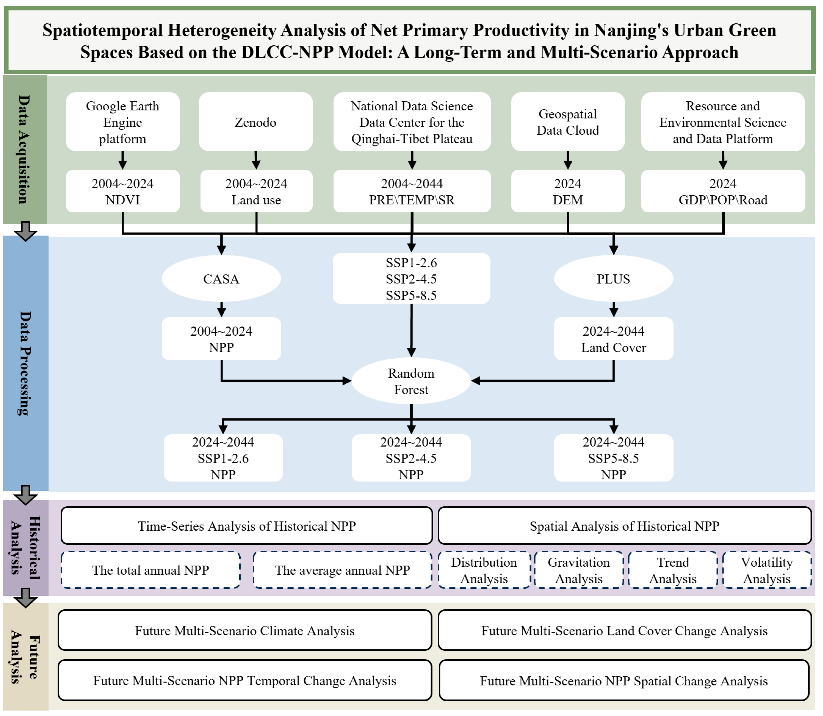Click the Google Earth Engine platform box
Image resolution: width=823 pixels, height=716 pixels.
[x=123, y=122]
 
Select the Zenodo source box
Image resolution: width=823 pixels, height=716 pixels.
[x=256, y=122]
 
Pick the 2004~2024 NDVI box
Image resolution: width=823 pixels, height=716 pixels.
[x=123, y=191]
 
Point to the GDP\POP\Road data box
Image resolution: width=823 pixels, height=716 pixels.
[x=723, y=191]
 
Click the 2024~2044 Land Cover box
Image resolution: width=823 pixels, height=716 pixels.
[x=613, y=339]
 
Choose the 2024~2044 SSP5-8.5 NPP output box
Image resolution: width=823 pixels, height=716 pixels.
[x=613, y=458]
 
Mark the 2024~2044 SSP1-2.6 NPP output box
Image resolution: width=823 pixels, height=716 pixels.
[x=223, y=458]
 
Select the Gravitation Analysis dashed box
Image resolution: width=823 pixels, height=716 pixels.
[x=579, y=570]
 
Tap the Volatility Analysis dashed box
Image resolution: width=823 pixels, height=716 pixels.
[x=767, y=570]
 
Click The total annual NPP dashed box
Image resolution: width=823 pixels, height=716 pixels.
[x=151, y=570]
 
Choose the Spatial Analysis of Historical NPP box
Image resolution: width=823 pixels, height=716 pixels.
[x=625, y=526]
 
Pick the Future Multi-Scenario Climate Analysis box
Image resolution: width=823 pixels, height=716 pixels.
[x=245, y=631]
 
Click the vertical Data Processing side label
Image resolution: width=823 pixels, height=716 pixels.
[x=25, y=363]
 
